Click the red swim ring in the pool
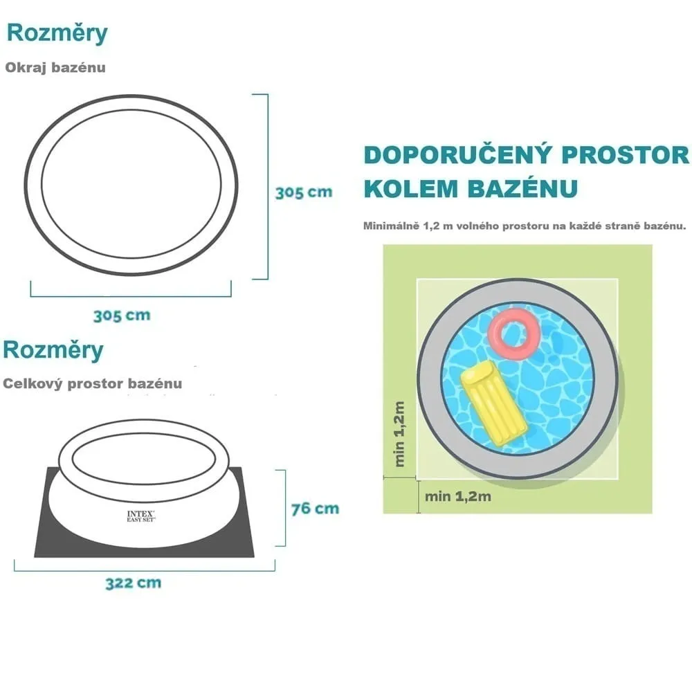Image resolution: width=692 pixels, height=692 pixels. (x=514, y=334)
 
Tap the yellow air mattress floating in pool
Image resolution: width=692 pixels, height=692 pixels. (x=494, y=403)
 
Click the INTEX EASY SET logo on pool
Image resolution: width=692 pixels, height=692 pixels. (x=140, y=516)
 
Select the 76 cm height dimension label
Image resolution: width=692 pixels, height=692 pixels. (x=315, y=509)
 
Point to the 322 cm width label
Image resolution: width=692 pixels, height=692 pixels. (x=134, y=583)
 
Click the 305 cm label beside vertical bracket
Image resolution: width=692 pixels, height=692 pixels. (x=304, y=192)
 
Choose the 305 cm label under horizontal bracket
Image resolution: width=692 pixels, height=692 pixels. (x=122, y=316)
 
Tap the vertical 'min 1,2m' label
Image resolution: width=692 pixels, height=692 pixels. (x=399, y=434)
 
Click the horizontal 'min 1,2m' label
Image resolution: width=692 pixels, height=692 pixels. (x=457, y=496)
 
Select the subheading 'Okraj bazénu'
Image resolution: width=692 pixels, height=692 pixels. (x=55, y=68)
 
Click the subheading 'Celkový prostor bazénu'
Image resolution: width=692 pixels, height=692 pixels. (x=92, y=383)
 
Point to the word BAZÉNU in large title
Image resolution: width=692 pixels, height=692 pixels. (x=522, y=188)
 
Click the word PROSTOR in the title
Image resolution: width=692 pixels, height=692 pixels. (x=626, y=155)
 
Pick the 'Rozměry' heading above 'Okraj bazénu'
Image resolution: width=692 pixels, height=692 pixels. (x=57, y=33)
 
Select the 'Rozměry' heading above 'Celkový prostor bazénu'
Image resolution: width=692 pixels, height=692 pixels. (x=53, y=350)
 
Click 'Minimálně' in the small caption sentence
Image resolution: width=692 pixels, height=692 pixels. (x=391, y=226)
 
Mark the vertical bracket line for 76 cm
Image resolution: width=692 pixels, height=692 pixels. (x=285, y=508)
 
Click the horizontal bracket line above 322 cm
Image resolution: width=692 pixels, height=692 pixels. (x=145, y=571)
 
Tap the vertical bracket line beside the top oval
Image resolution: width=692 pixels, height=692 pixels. (x=267, y=187)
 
